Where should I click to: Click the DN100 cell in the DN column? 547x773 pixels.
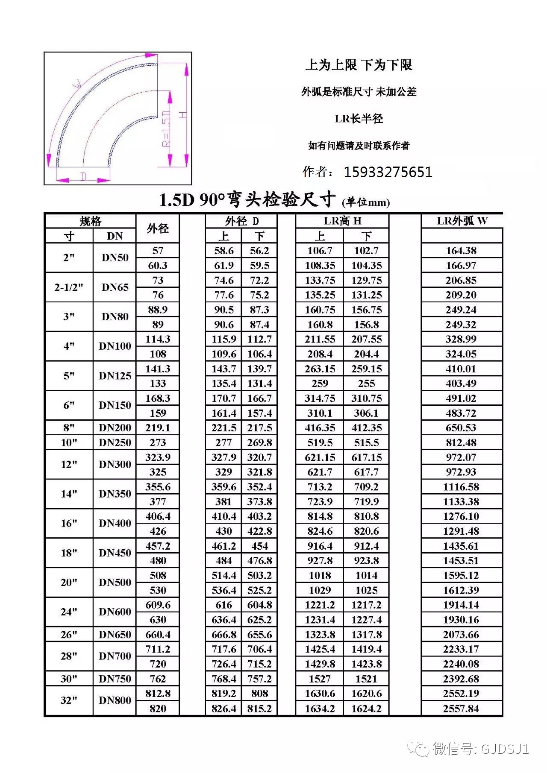click(x=115, y=346)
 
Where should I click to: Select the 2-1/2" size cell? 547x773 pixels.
click(x=69, y=287)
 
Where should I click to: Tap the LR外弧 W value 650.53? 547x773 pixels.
click(x=461, y=428)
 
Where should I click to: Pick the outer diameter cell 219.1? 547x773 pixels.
click(x=158, y=428)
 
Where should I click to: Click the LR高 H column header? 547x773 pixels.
click(x=342, y=221)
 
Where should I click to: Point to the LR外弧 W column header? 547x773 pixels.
click(x=462, y=221)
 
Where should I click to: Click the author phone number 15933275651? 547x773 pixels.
click(x=388, y=172)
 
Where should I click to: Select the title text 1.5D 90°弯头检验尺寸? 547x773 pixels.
click(x=247, y=199)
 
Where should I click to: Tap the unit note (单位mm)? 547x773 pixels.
click(x=366, y=202)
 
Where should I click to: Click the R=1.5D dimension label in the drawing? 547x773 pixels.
click(x=166, y=128)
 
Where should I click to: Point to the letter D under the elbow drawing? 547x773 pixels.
click(x=84, y=176)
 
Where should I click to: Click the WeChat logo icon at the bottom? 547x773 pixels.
click(x=418, y=748)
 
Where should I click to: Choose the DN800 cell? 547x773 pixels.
click(x=115, y=700)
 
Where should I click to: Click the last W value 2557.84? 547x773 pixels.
click(x=461, y=709)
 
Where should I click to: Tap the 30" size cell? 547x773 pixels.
click(x=69, y=679)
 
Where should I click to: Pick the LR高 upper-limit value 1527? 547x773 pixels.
click(x=320, y=679)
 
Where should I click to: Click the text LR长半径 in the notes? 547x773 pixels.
click(x=359, y=119)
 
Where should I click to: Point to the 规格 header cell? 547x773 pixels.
click(x=91, y=221)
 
